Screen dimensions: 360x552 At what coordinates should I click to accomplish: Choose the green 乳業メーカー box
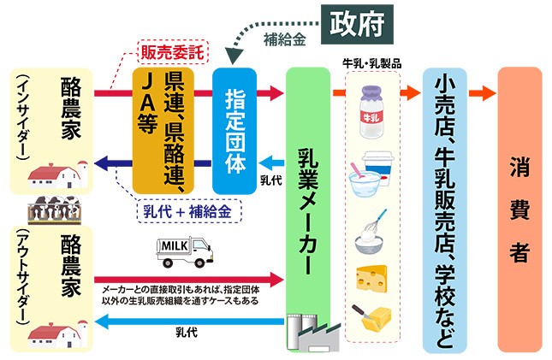click(x=308, y=205)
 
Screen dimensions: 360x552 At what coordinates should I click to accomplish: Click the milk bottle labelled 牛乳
click(x=374, y=110)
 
